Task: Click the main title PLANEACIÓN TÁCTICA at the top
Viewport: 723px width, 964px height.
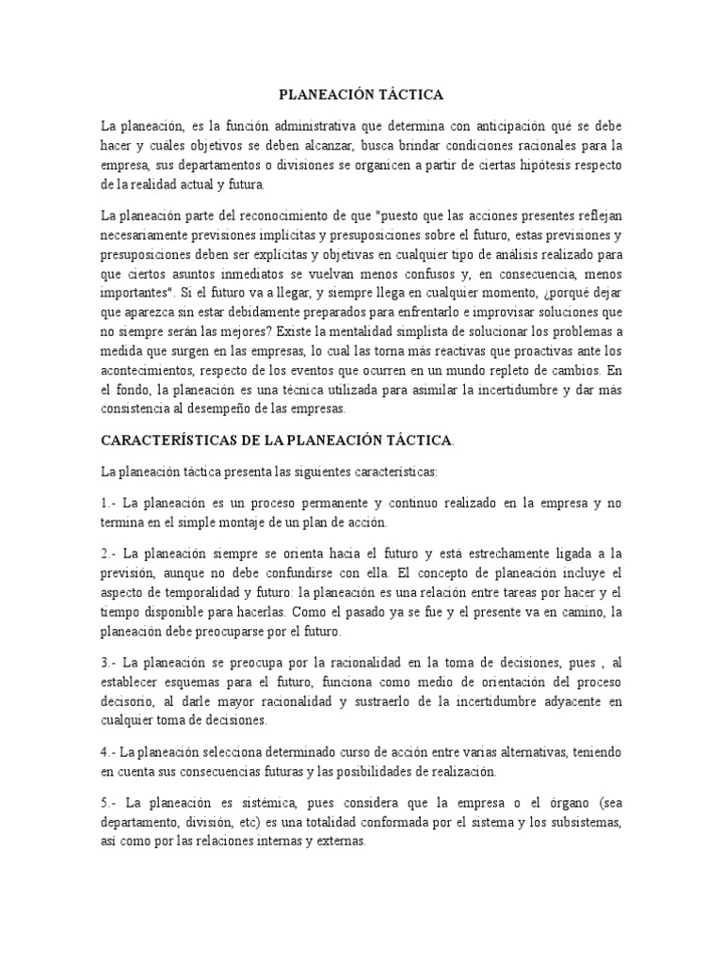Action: (x=361, y=95)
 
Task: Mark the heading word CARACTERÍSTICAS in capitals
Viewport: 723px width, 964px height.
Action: (x=177, y=441)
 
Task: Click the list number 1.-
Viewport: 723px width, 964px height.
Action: (x=108, y=503)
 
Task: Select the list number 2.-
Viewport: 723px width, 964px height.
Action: (x=108, y=552)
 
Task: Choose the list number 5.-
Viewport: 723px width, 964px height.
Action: (x=108, y=802)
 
